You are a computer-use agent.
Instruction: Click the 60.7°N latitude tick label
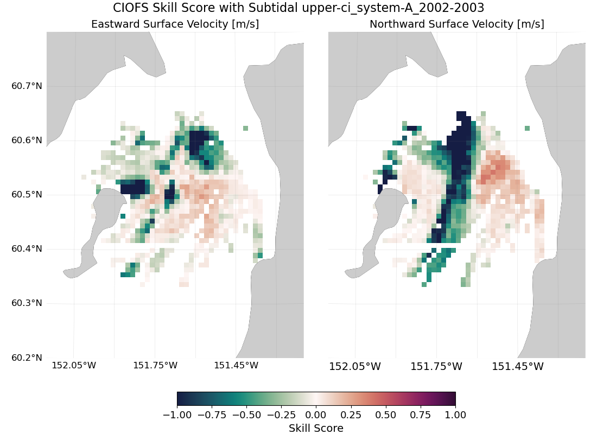coord(27,86)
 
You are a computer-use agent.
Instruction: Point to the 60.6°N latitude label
coord(27,140)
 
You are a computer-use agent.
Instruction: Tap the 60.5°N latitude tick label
coord(27,194)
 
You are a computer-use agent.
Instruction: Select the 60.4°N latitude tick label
coord(27,248)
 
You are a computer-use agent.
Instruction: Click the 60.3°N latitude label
coord(27,303)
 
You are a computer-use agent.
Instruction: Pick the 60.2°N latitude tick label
coord(27,358)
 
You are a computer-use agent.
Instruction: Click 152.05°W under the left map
coord(74,366)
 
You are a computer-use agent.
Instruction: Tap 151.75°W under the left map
coord(155,366)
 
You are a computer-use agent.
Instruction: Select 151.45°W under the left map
coord(236,366)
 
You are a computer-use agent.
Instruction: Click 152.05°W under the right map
coord(355,367)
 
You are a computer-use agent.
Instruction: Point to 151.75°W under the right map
coord(436,367)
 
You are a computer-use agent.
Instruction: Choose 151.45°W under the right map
coord(517,367)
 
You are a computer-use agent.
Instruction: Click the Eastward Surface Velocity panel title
coord(175,24)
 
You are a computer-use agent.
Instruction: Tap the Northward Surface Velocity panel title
coord(457,24)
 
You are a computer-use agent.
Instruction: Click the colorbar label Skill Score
coord(316,429)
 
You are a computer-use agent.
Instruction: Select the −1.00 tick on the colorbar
coord(177,415)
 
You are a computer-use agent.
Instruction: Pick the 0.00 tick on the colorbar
coord(316,415)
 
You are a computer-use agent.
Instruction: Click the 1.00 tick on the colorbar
coord(455,415)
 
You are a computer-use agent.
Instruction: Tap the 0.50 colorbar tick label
coord(386,415)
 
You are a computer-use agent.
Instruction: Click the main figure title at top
coord(298,8)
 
